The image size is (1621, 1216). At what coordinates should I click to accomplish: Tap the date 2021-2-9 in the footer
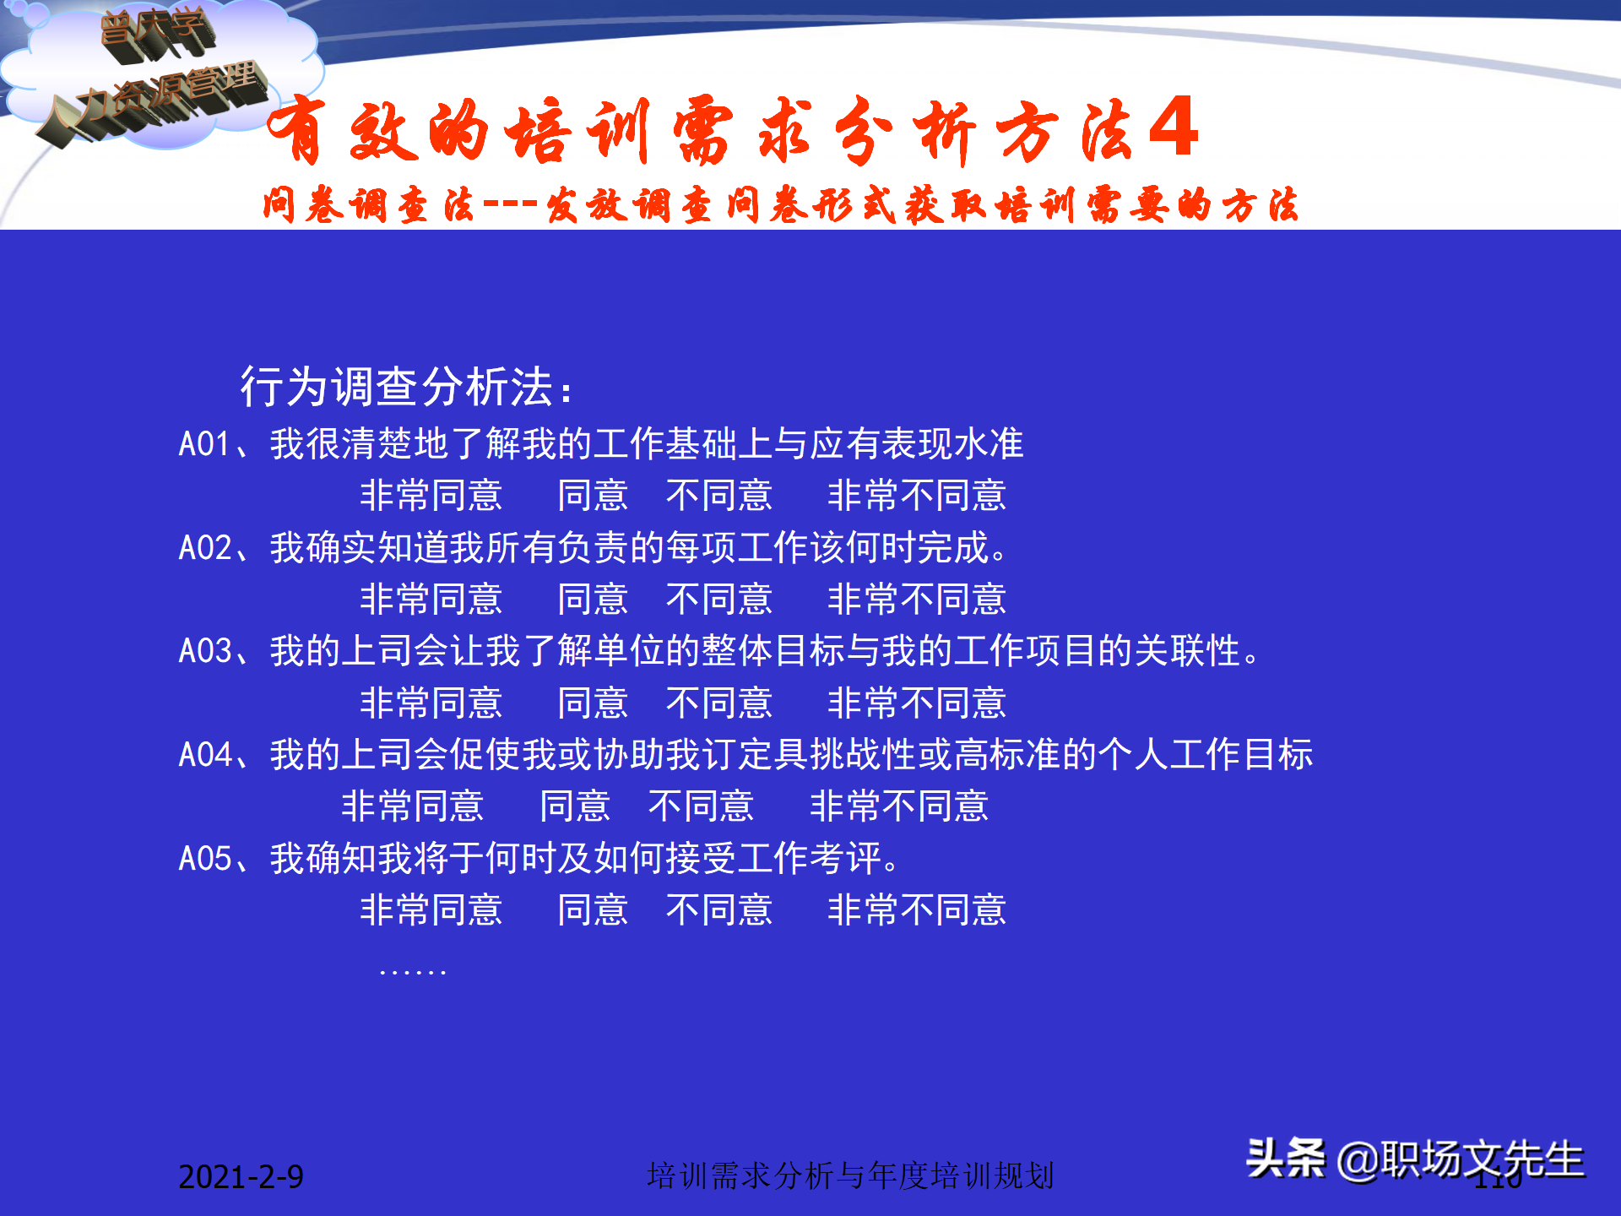click(241, 1176)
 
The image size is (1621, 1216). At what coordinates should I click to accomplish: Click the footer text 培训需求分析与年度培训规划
click(850, 1175)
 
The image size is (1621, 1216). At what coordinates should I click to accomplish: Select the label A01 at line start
click(203, 444)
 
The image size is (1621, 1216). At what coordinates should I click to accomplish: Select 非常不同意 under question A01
click(917, 496)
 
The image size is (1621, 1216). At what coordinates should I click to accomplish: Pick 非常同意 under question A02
click(431, 600)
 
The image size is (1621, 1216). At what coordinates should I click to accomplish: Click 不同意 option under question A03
click(718, 703)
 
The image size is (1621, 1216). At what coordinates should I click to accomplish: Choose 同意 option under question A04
click(574, 806)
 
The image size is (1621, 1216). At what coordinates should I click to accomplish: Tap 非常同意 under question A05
click(431, 910)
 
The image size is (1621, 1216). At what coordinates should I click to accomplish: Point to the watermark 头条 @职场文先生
click(1415, 1159)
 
